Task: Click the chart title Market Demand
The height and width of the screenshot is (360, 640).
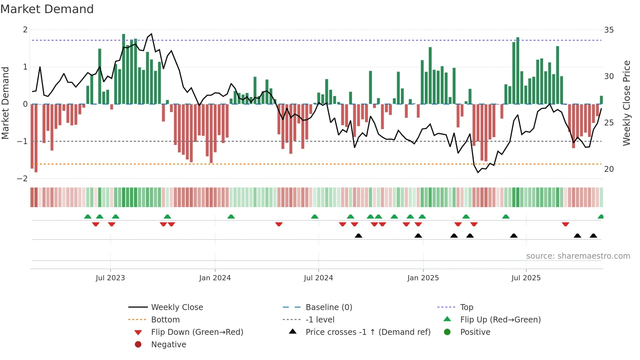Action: [x=47, y=9]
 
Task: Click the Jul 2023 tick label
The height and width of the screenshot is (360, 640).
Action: [x=110, y=278]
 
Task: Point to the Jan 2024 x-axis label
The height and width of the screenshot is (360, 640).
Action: [x=215, y=278]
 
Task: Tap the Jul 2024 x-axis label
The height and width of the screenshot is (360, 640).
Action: [x=318, y=278]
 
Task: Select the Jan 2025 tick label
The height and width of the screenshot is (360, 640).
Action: [x=423, y=278]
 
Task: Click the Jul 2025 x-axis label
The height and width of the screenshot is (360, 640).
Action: [x=526, y=278]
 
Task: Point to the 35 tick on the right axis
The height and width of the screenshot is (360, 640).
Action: [x=609, y=30]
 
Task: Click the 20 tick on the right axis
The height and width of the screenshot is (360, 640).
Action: [x=609, y=169]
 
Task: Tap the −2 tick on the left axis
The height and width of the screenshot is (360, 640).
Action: [x=23, y=179]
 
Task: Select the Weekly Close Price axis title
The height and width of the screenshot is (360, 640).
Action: [x=626, y=103]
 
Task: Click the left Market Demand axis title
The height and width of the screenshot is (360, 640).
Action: [x=5, y=103]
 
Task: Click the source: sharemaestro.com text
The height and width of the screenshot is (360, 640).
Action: [x=578, y=256]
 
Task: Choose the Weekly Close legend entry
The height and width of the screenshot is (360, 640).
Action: [x=177, y=307]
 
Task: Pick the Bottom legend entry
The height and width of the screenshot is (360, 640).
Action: [x=165, y=320]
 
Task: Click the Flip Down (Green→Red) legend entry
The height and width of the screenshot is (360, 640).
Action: [x=197, y=332]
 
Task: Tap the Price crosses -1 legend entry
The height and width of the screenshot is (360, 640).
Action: [x=368, y=332]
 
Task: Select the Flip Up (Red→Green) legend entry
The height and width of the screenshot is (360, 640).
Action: [x=500, y=320]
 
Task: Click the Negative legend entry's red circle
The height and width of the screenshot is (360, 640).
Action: [x=138, y=345]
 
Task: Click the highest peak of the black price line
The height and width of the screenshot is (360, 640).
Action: [x=151, y=34]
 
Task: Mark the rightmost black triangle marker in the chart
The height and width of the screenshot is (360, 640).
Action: [x=593, y=236]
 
